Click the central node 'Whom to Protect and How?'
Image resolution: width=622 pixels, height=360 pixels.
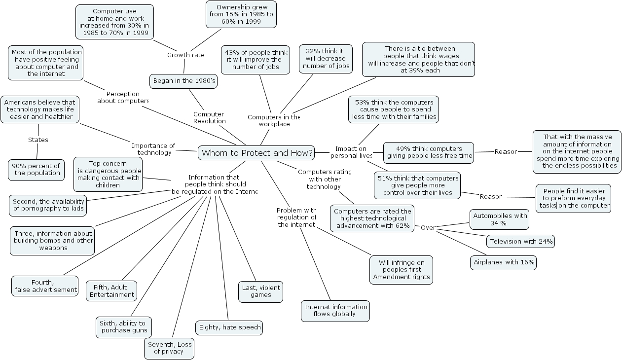click(256, 153)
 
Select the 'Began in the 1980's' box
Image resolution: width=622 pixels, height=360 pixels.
click(183, 81)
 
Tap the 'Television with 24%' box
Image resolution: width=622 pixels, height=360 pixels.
click(520, 241)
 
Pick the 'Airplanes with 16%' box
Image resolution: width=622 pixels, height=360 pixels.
click(503, 262)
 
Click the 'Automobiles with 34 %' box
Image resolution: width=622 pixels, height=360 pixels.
click(499, 219)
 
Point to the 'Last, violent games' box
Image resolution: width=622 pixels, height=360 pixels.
click(260, 291)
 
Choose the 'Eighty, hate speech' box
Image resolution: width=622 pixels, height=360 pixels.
click(229, 327)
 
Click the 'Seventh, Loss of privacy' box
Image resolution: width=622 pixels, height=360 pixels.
click(169, 348)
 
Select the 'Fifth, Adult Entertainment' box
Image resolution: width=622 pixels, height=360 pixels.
click(111, 291)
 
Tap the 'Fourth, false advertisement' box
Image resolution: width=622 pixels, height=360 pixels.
click(45, 286)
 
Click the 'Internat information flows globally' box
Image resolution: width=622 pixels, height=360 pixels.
click(335, 311)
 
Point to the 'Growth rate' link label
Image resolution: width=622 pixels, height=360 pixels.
click(185, 55)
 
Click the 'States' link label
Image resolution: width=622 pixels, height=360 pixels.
click(38, 140)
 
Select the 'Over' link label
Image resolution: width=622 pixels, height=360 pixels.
click(428, 227)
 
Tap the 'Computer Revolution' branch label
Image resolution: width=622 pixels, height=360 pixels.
click(209, 117)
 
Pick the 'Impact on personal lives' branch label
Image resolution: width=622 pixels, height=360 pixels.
click(351, 152)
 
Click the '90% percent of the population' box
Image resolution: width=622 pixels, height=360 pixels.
click(37, 170)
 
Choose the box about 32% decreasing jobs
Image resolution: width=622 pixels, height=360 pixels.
click(326, 59)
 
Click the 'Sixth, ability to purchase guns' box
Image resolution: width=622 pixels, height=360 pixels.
click(123, 327)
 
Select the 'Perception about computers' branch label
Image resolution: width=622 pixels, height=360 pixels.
click(123, 97)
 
